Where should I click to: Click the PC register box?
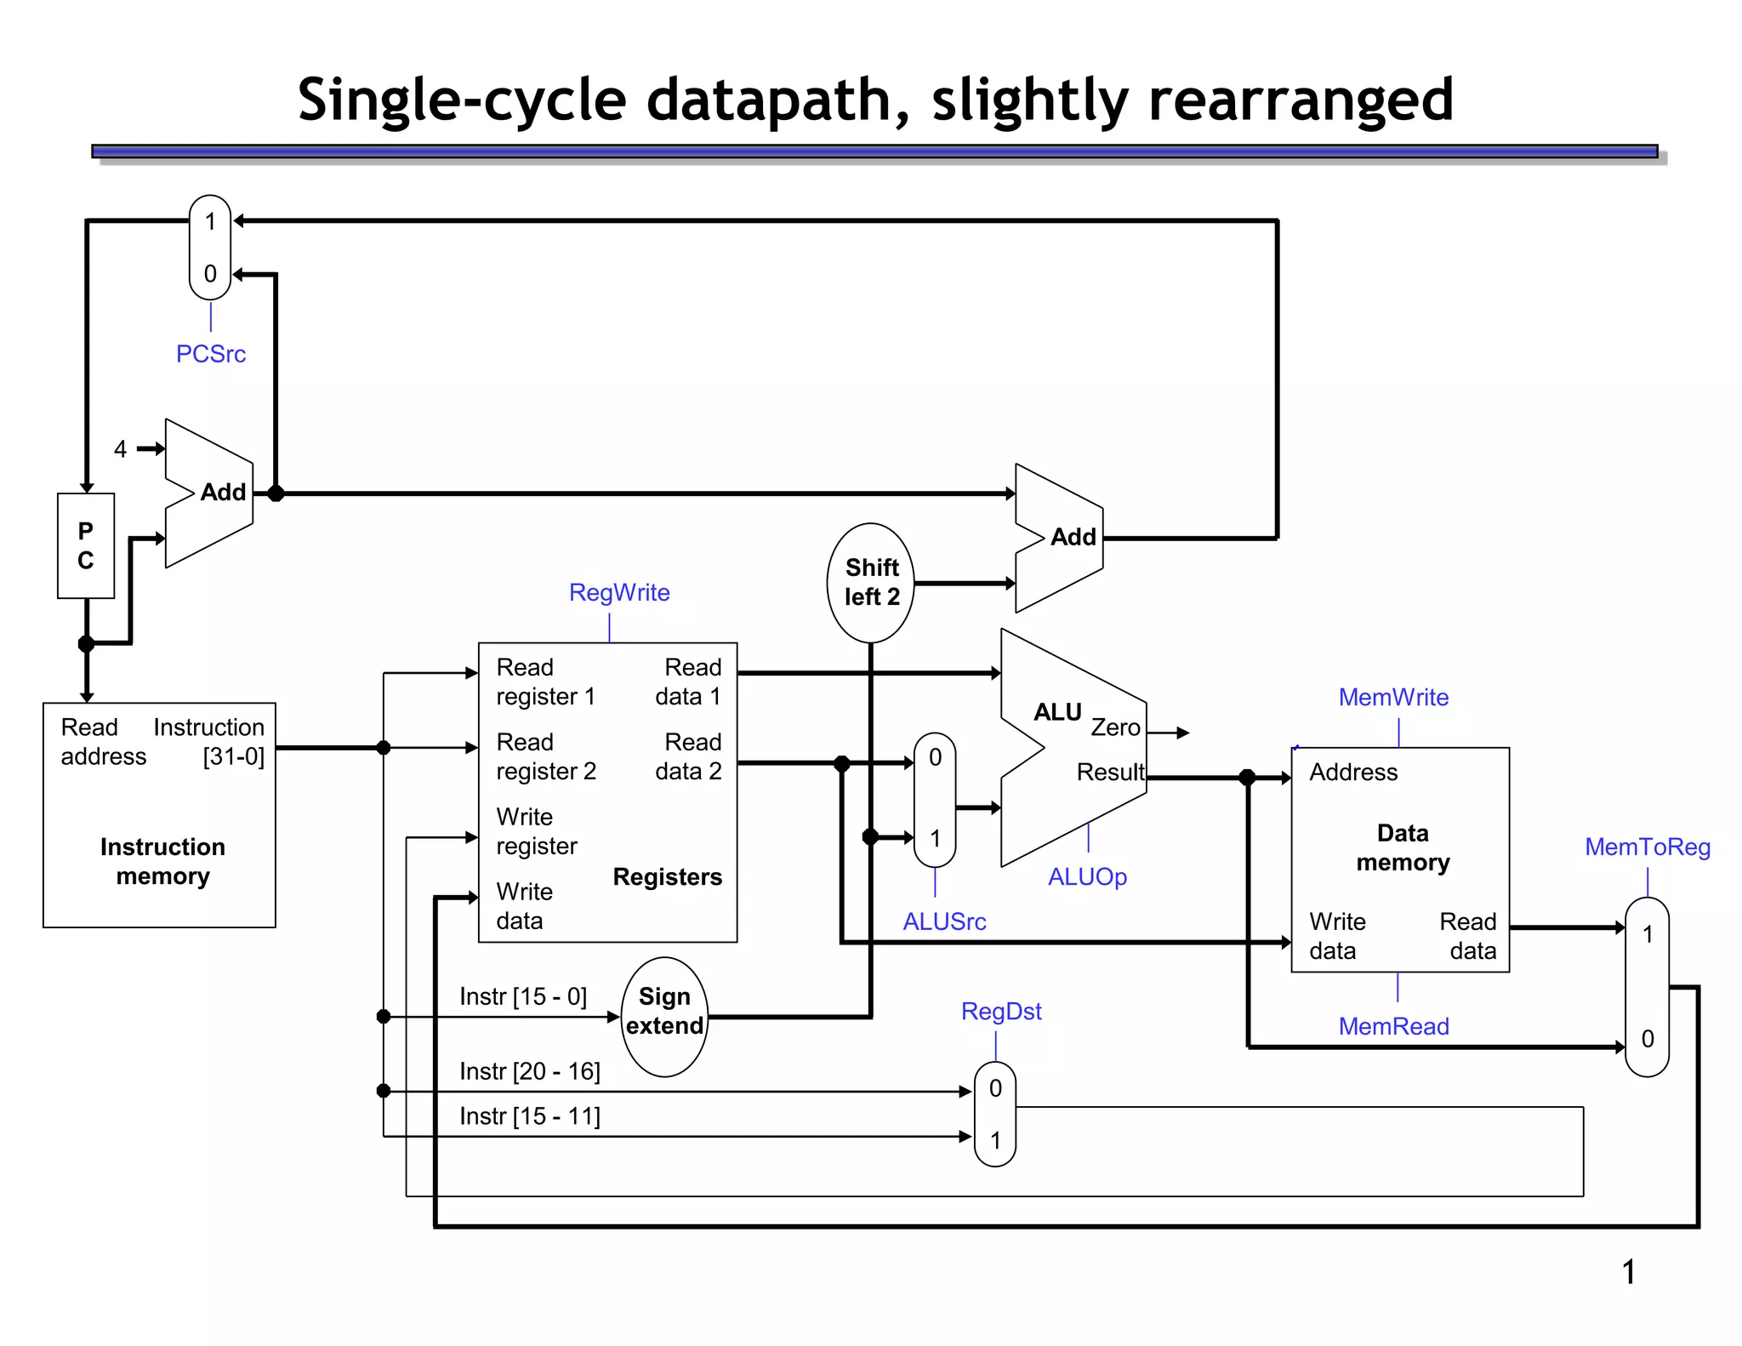[86, 545]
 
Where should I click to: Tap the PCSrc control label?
[211, 354]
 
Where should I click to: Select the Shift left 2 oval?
[871, 583]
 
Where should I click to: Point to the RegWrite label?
[619, 592]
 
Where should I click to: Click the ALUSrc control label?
[944, 921]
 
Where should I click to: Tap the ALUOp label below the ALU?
[1087, 876]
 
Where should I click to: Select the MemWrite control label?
[1393, 697]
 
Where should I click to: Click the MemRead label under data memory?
[1393, 1026]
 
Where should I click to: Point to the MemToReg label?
[1648, 847]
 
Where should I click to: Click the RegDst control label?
[1001, 1011]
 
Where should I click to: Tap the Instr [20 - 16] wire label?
[530, 1071]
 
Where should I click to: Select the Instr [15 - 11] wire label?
[530, 1116]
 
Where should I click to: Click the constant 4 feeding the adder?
[121, 449]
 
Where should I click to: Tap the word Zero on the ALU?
[1115, 727]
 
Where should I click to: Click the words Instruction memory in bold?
[162, 861]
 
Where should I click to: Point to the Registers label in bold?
[667, 876]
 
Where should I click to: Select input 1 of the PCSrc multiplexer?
[210, 222]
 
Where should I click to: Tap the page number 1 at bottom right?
[1628, 1272]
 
